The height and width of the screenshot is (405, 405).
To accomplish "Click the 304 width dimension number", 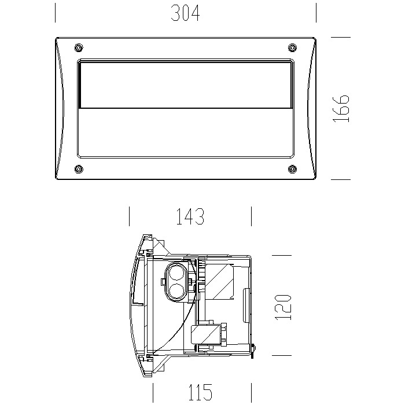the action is pyautogui.click(x=186, y=13).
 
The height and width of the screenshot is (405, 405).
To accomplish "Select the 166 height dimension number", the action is pyautogui.click(x=341, y=109).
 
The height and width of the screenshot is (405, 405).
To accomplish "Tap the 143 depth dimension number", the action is pyautogui.click(x=190, y=216).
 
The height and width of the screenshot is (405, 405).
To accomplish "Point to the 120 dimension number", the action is pyautogui.click(x=283, y=307).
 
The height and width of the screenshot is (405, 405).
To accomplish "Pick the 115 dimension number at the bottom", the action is pyautogui.click(x=200, y=392).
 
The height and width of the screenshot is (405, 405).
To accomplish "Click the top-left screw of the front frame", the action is pyautogui.click(x=79, y=47).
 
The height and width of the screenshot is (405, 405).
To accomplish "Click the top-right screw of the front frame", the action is pyautogui.click(x=292, y=47).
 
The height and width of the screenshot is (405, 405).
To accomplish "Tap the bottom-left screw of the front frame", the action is pyautogui.click(x=79, y=169).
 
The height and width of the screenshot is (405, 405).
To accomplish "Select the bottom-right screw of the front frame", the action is pyautogui.click(x=292, y=169).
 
